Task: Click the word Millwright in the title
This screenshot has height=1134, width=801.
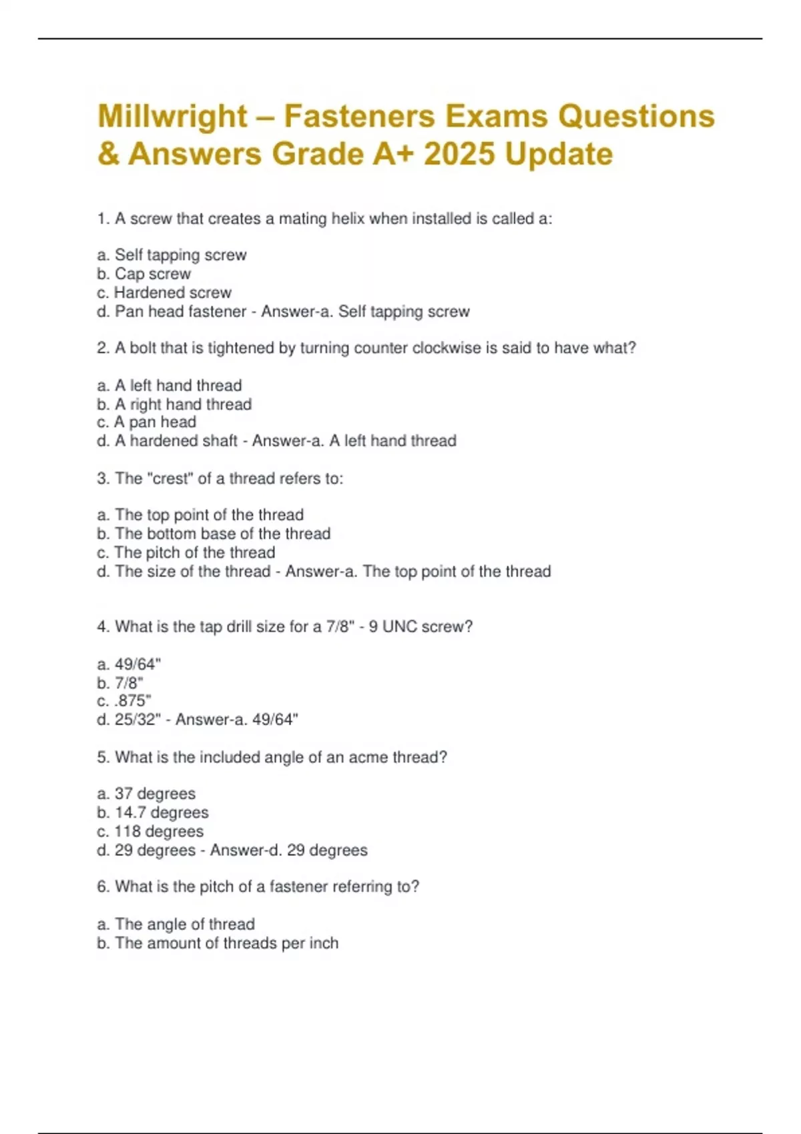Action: (x=172, y=117)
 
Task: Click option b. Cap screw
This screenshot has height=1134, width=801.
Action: (x=144, y=273)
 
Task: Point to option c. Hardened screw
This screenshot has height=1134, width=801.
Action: (x=164, y=292)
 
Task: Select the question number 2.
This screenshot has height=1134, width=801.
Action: (x=103, y=348)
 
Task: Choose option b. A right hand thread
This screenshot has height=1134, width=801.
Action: (x=174, y=404)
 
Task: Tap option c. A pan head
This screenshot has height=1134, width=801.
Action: (x=147, y=422)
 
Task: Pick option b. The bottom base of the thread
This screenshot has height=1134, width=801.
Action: (x=214, y=534)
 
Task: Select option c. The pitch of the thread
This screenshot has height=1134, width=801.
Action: (x=186, y=552)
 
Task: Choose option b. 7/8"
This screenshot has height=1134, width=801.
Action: (x=120, y=683)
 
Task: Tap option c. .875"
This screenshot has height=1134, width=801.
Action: (x=124, y=701)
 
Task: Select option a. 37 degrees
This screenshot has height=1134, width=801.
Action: (x=146, y=794)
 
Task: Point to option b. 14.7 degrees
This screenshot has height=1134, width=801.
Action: (x=153, y=812)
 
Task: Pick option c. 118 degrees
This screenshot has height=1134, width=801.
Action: (x=150, y=831)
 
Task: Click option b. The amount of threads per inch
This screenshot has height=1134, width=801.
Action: (x=218, y=943)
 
